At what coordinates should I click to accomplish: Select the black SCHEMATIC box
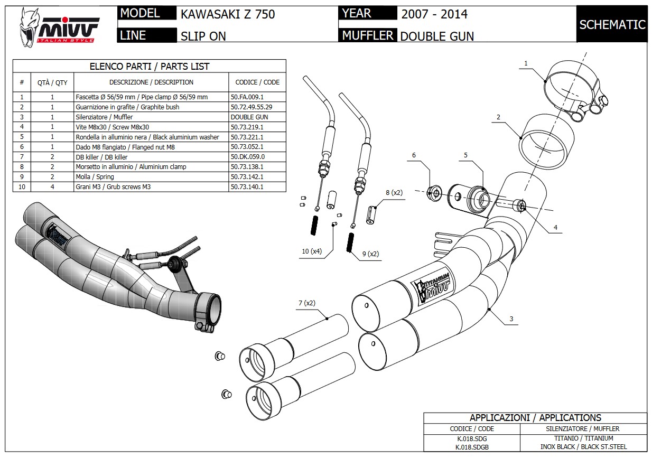(x=612, y=24)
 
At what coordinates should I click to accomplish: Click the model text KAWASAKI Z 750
(x=228, y=14)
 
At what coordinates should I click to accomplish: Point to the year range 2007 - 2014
(x=434, y=14)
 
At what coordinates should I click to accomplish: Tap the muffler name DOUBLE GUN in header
(x=437, y=36)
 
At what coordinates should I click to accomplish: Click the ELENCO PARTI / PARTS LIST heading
(x=150, y=67)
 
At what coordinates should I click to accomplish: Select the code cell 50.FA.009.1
(x=247, y=97)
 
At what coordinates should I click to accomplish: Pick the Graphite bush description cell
(x=127, y=107)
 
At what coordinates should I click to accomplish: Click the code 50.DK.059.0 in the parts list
(x=247, y=157)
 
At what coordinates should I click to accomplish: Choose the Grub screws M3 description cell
(x=113, y=187)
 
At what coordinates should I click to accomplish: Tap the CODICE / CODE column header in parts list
(x=257, y=82)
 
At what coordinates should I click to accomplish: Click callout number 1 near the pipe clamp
(x=526, y=63)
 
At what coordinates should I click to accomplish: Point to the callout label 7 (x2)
(x=306, y=303)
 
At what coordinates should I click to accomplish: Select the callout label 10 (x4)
(x=312, y=251)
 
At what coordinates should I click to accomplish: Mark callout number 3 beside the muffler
(x=511, y=319)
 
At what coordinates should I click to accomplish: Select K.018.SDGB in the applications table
(x=472, y=447)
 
